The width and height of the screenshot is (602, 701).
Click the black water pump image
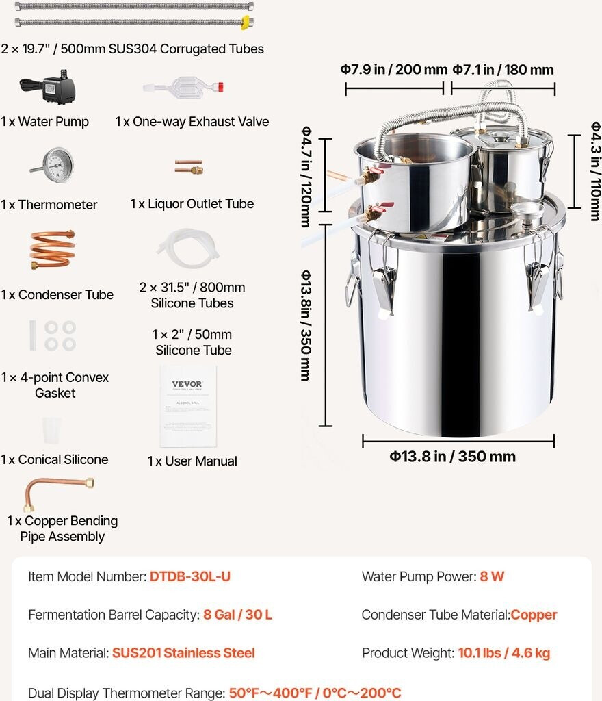[x=49, y=87]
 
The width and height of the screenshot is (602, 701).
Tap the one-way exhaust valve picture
[x=183, y=86]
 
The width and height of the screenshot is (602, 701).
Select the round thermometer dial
[x=58, y=164]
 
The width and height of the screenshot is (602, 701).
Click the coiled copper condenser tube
[x=52, y=249]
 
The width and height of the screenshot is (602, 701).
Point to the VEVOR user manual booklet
[x=188, y=406]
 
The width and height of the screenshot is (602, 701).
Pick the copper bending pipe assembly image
[x=58, y=491]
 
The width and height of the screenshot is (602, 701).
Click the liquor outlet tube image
[x=189, y=167]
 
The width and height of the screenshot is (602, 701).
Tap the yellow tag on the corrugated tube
[x=245, y=23]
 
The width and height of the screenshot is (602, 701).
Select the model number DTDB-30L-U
[x=189, y=576]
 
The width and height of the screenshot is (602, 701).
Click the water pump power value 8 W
[x=492, y=576]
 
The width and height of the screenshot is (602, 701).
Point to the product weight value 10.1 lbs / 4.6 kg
[x=503, y=652]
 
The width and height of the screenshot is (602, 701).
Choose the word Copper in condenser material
[x=534, y=615]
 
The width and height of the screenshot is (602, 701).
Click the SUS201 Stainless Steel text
[x=183, y=652]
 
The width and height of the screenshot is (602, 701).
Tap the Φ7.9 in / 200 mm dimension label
[x=394, y=69]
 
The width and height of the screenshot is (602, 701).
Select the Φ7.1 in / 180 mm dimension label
[x=503, y=69]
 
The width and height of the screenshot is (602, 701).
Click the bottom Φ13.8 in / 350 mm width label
[x=452, y=456]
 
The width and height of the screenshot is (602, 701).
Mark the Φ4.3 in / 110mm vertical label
[x=595, y=171]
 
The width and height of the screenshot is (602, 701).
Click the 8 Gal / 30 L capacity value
[x=237, y=615]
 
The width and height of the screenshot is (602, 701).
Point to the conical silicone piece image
[x=51, y=430]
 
